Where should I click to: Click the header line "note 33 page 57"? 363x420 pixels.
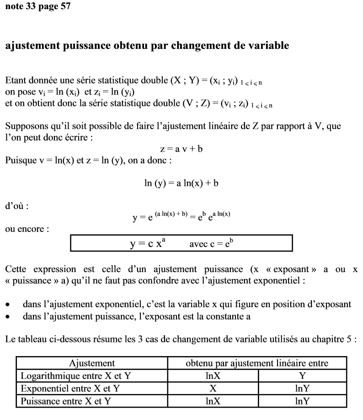pos(38,7)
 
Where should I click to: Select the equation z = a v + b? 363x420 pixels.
pos(181,149)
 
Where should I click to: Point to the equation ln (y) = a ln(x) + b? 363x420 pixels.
pos(181,183)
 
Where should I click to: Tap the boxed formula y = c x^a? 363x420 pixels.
pos(147,244)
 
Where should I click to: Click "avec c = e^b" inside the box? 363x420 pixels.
pos(211,244)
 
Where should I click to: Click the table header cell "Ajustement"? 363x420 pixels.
pos(92,363)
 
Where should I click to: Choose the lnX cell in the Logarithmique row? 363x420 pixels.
pos(213,376)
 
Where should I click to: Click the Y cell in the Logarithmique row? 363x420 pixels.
pos(303,376)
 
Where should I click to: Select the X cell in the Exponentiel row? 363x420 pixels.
pos(213,389)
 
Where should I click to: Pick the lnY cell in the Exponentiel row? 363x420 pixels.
pos(303,389)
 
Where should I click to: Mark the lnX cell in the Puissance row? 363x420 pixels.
pos(213,401)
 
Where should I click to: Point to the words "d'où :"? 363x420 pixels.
pos(17,206)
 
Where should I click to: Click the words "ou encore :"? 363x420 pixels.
pos(27,229)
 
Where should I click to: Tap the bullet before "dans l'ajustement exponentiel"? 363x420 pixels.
pos(7,304)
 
